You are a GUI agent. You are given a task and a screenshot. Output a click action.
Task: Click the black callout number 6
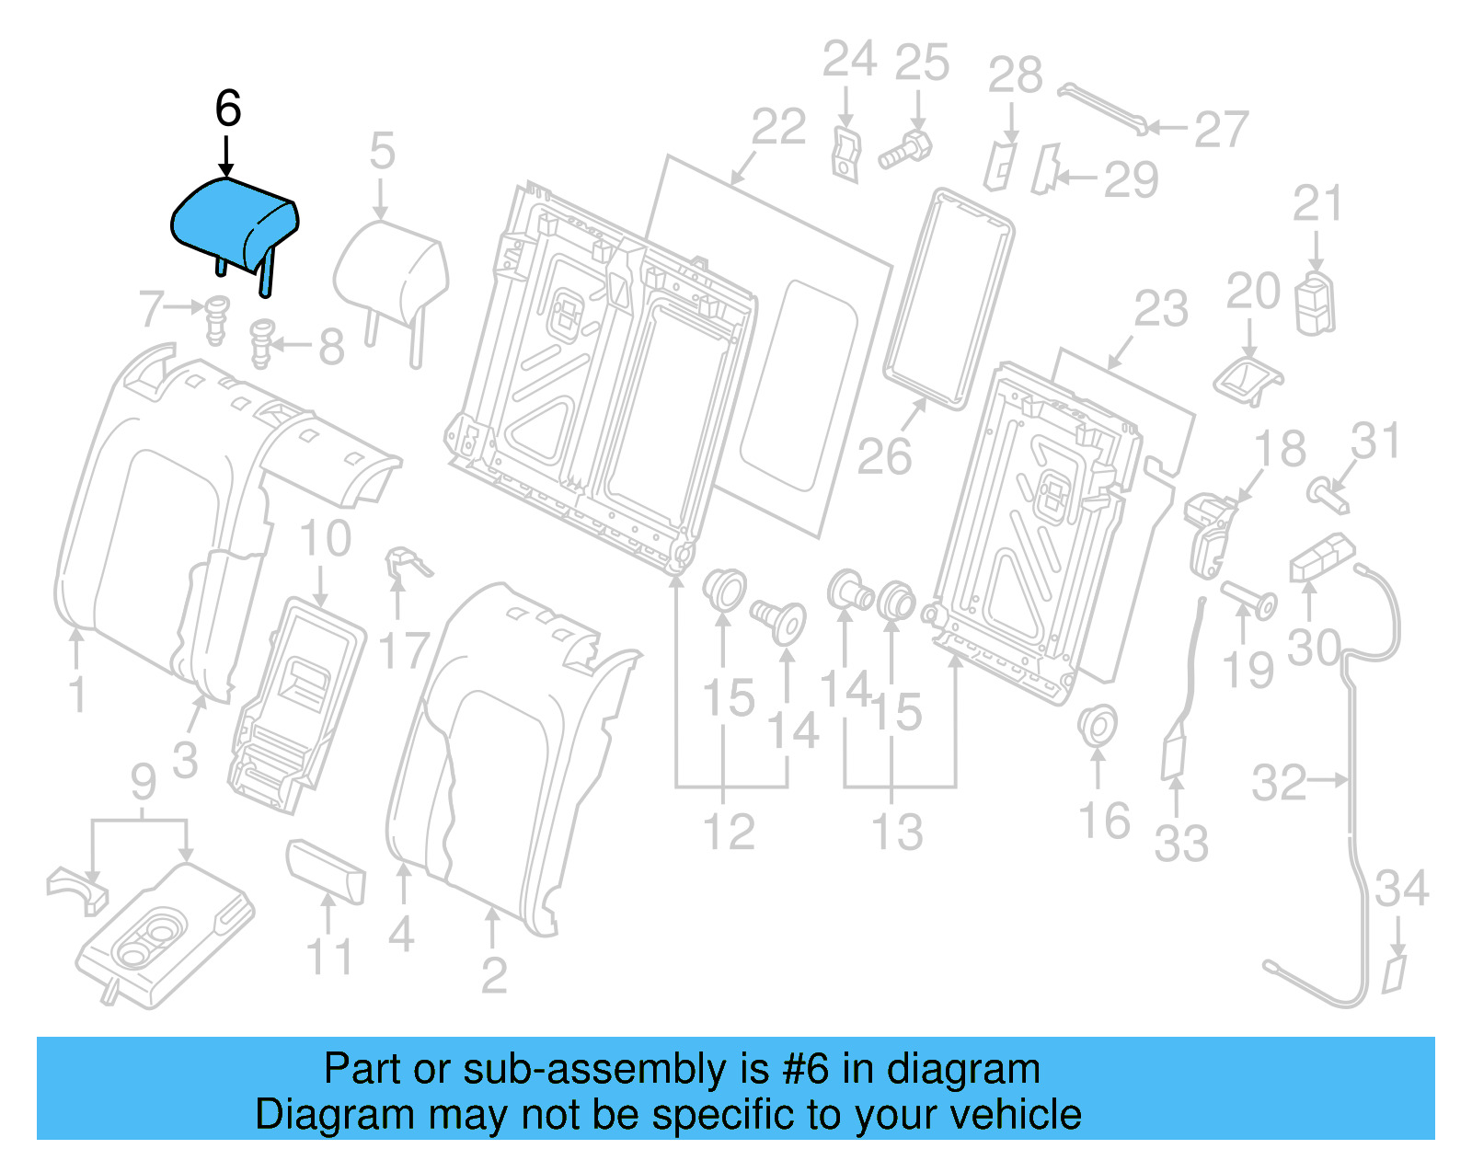[228, 109]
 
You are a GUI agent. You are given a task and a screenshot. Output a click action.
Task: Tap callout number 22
[778, 127]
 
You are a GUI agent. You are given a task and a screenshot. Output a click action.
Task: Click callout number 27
[1221, 130]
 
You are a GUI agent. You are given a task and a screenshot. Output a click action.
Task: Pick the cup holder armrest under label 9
[166, 938]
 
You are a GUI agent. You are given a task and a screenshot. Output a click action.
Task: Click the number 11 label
[328, 958]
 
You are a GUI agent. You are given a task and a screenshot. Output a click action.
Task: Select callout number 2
[494, 975]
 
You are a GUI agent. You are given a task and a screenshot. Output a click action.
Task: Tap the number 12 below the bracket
[729, 833]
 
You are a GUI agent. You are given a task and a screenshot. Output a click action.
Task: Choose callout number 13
[897, 833]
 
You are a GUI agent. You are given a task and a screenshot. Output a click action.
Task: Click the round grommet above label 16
[1097, 726]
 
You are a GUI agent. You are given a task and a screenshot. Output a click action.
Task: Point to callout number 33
[1181, 844]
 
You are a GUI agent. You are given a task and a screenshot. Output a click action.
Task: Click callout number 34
[1402, 889]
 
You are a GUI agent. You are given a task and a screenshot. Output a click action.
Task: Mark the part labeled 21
[1316, 304]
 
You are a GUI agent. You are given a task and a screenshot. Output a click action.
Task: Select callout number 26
[884, 456]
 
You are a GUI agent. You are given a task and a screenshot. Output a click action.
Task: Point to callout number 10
[326, 538]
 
